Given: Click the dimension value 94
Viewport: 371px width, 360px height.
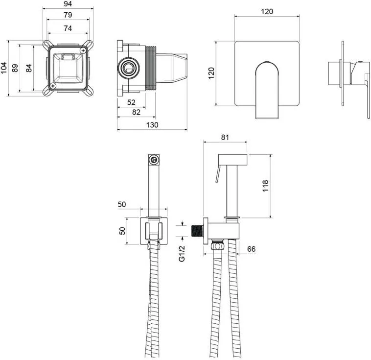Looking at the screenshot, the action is (68, 4).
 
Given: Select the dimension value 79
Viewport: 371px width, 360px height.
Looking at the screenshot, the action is (68, 15).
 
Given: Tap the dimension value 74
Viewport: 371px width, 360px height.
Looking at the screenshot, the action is (68, 28).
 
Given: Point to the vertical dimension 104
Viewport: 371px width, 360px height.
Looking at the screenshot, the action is (3, 68).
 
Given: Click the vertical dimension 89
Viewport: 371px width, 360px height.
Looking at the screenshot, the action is (15, 68).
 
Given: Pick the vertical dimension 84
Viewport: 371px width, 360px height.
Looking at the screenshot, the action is (28, 68).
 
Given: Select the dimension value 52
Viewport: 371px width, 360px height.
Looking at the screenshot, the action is (131, 102).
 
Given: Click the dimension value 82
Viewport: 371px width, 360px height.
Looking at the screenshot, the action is (136, 112).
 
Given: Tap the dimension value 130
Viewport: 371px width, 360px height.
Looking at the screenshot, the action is (152, 125).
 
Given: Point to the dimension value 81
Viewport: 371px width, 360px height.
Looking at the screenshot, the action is (225, 137).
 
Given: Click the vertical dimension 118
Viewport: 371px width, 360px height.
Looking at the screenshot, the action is (265, 186).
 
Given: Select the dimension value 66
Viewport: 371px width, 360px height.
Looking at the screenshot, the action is (251, 249).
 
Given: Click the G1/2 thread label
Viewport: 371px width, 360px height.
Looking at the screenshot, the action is (182, 254).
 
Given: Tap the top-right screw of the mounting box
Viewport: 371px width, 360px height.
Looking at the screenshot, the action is (83, 50).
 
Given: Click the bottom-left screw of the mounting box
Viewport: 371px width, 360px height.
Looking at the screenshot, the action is (52, 86).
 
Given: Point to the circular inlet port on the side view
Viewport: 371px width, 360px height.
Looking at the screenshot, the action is (128, 68).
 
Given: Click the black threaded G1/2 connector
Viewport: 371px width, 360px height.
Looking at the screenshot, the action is (197, 231).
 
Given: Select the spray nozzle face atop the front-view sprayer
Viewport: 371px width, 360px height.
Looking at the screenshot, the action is (154, 160).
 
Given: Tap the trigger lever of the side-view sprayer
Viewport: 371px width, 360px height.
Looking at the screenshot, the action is (218, 173).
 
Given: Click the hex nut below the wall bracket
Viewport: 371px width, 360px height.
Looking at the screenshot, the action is (217, 245).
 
